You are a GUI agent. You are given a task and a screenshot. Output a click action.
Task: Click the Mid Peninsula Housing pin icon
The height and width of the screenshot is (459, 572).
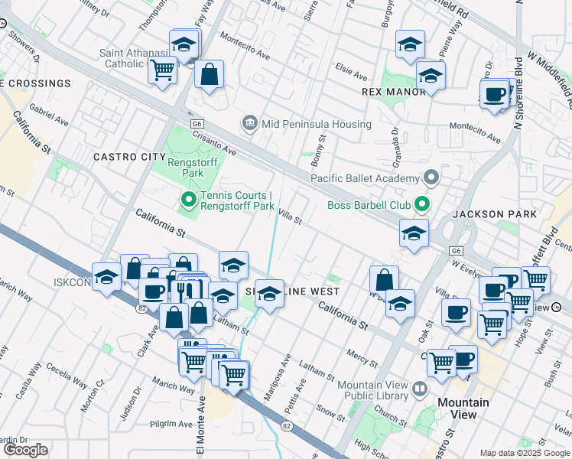pos(249,123)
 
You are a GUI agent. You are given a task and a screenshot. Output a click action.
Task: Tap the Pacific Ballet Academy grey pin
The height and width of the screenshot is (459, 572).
pos(432,178)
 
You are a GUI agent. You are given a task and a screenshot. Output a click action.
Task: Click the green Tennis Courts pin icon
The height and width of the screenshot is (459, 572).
pos(188,202)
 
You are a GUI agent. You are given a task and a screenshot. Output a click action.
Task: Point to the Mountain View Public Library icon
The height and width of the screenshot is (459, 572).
pos(420,389)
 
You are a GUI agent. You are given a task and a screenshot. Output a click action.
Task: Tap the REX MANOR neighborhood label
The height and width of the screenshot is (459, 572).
pos(393,92)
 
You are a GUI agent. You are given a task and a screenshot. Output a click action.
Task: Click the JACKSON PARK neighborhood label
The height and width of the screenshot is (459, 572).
pos(494,214)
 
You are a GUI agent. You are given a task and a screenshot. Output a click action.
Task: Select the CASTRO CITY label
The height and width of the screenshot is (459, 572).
pos(124,157)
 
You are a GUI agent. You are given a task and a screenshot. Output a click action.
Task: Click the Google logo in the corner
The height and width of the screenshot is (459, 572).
pos(25,450)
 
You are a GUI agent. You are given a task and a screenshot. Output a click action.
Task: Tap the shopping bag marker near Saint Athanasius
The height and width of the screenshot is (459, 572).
pos(209,75)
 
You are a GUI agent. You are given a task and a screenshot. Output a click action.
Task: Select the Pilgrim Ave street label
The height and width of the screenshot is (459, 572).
pos(169,423)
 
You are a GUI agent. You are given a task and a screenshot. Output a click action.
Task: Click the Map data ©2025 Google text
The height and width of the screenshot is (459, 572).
pos(525,453)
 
